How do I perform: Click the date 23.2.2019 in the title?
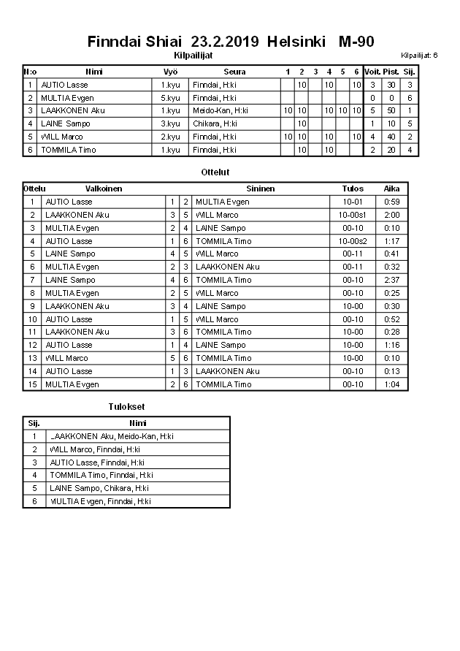coord(225,42)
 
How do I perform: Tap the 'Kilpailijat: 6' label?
coord(419,55)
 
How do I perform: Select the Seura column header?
coord(235,72)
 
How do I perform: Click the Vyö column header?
coord(170,72)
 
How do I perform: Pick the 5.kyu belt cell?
coord(170,98)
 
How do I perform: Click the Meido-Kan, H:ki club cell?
coord(220,110)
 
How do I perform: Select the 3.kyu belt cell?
coord(170,123)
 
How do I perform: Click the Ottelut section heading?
coord(215,172)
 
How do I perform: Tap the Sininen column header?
coord(260,189)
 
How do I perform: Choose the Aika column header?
coord(391,189)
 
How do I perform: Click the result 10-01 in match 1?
coord(353,202)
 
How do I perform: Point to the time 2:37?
coord(391,280)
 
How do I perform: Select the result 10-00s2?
coord(353,241)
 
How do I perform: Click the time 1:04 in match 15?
coord(391,384)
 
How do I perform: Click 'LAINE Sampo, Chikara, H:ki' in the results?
coord(99,488)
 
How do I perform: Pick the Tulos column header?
coord(353,189)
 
